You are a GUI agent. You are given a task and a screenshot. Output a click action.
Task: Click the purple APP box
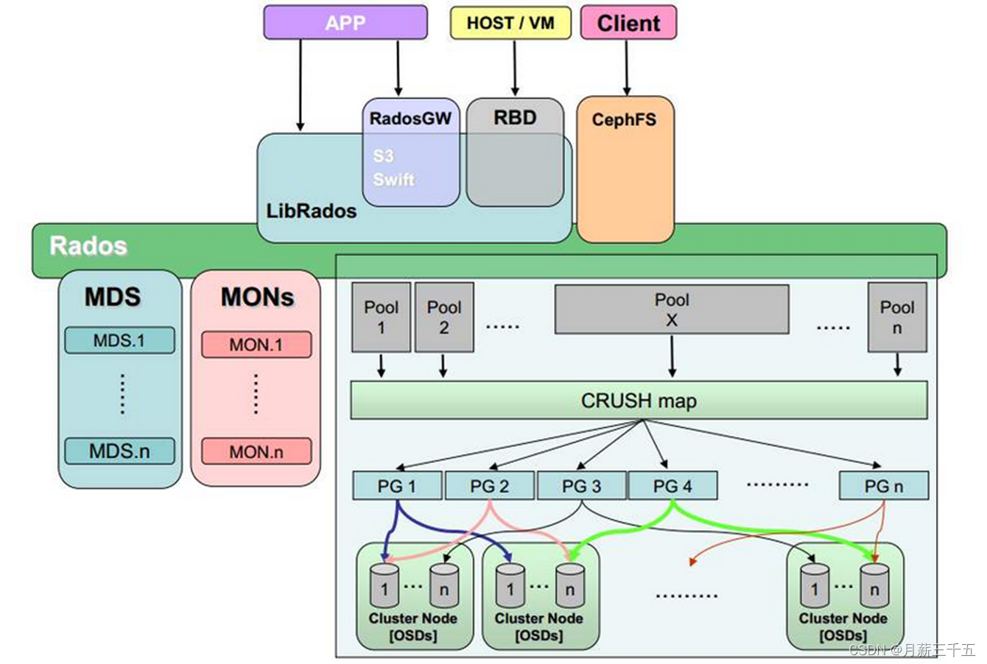pos(345,22)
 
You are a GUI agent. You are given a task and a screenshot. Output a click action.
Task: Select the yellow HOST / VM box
pos(510,23)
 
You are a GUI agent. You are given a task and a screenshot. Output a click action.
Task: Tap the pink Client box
pos(628,23)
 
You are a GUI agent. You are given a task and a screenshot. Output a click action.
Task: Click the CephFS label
pos(624,119)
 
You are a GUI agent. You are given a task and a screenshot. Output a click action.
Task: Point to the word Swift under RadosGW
pos(393,180)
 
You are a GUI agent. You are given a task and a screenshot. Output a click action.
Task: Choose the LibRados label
pos(311,211)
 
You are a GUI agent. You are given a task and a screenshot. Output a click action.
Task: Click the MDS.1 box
pos(119,341)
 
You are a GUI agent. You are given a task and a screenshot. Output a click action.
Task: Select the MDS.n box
pos(119,451)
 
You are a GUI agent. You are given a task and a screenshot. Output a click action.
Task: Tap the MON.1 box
pos(256,345)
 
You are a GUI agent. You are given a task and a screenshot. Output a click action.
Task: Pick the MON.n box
pos(256,452)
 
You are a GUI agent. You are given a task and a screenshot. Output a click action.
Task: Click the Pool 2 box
pos(443,317)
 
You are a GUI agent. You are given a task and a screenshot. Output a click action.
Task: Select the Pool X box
pos(671,310)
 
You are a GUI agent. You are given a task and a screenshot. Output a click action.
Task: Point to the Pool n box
pos(896,317)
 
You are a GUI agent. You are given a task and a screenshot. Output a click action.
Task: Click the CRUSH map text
pos(638,401)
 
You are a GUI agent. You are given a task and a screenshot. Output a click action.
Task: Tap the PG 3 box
pos(581,486)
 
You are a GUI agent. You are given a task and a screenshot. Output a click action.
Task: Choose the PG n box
pos(883,486)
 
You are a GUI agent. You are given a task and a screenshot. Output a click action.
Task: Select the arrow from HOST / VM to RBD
pos(514,68)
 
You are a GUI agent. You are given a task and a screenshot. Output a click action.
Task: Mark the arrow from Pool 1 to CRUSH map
pos(381,366)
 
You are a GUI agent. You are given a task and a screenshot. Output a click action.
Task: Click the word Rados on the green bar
pos(88,246)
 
